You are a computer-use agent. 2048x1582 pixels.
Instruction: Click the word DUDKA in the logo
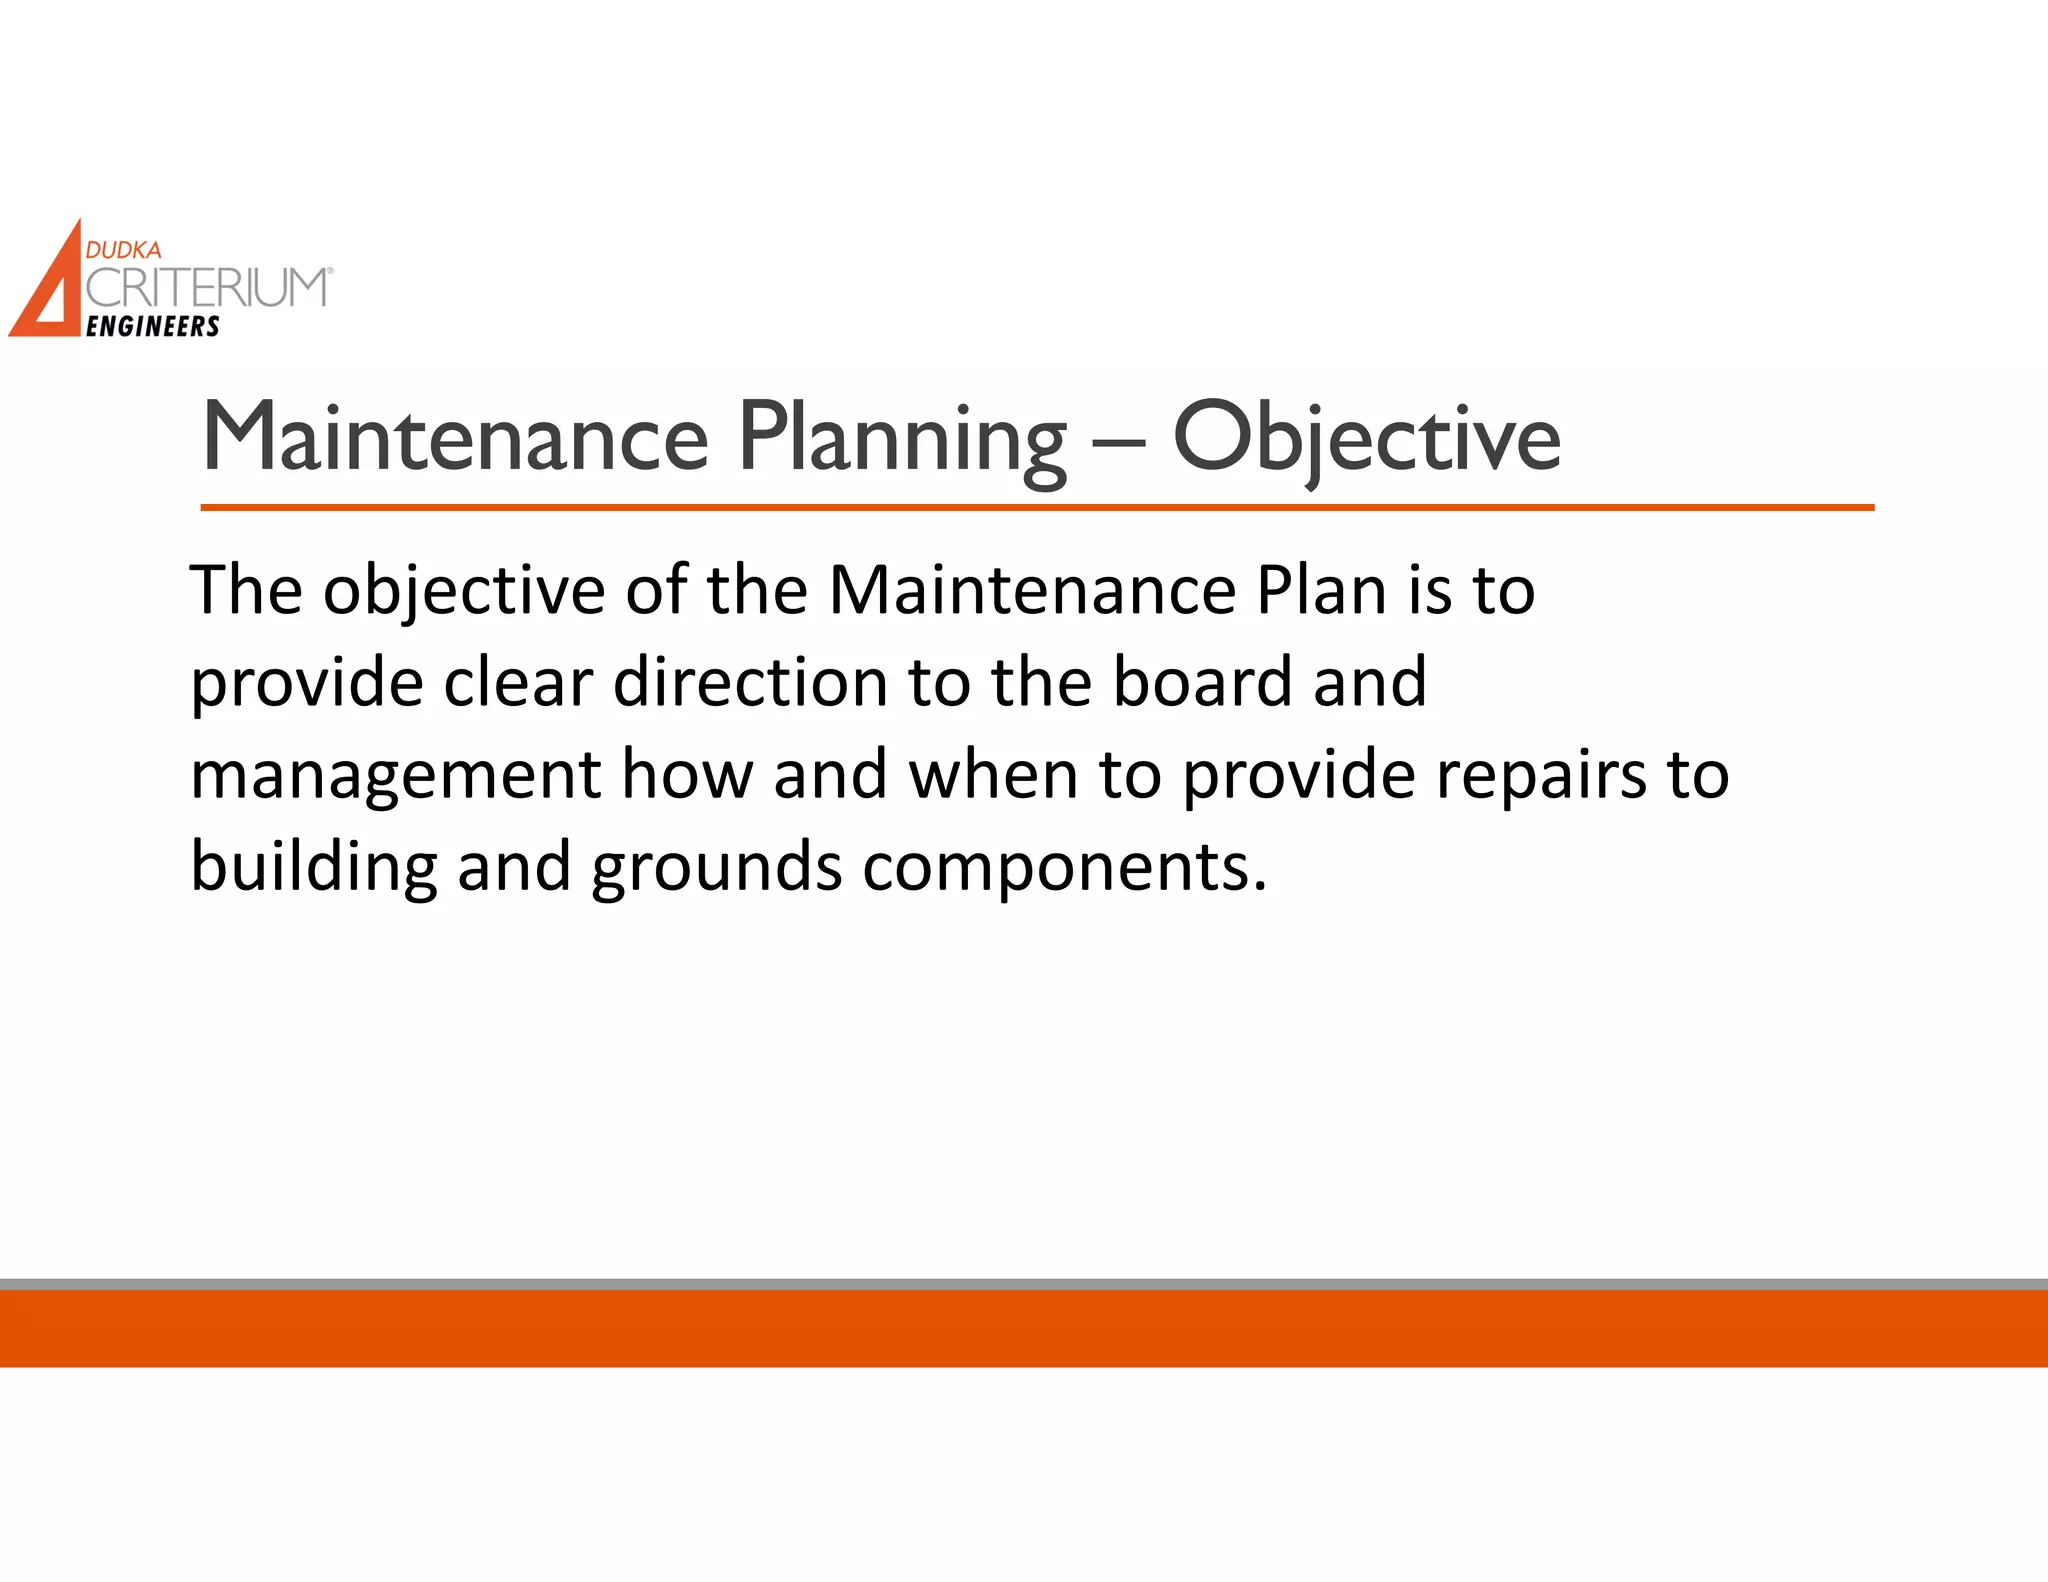123,250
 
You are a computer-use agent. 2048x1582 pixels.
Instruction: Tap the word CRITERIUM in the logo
206,288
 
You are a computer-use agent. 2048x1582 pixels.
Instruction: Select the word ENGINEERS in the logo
153,327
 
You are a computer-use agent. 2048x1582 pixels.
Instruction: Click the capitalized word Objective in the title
1366,439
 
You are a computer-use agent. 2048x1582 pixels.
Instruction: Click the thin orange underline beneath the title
1037,508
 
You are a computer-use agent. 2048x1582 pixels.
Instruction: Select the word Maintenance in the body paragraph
1033,590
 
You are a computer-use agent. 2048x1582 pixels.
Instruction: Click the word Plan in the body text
1321,590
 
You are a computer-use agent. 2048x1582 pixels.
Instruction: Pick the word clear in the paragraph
518,683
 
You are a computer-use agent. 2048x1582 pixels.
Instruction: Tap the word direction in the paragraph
750,683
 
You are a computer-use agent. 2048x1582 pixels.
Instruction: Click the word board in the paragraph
1203,683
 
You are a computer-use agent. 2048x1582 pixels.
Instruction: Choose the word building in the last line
314,867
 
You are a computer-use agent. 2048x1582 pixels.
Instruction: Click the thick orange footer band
1024,1328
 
